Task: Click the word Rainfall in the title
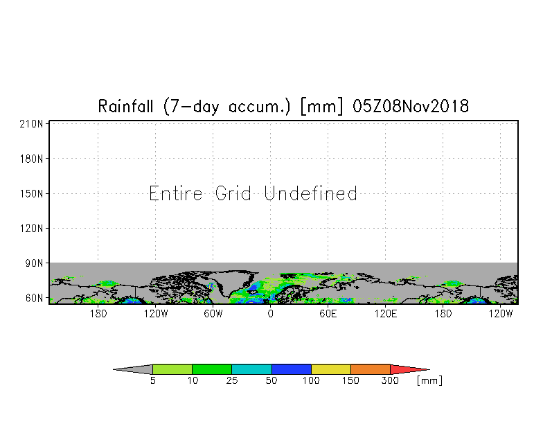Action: (125, 106)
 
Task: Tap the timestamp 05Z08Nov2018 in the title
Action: (411, 106)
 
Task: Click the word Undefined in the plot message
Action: (310, 193)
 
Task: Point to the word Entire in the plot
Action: (176, 193)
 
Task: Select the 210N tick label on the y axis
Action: (31, 124)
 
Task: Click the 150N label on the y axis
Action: (31, 194)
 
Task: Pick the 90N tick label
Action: (34, 263)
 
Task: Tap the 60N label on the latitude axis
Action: (34, 298)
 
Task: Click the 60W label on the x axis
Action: (213, 314)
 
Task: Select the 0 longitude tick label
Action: (270, 314)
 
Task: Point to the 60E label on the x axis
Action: (328, 314)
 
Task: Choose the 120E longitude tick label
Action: (385, 314)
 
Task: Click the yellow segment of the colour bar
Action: (331, 369)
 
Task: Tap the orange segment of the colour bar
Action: (371, 369)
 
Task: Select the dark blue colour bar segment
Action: (292, 369)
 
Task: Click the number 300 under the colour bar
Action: (390, 381)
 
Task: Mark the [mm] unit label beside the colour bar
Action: (429, 381)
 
